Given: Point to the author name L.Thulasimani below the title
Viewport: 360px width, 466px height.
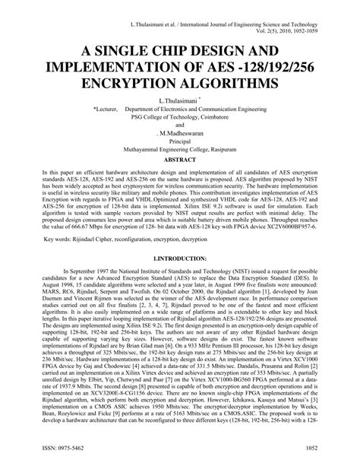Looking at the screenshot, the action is (x=179, y=100).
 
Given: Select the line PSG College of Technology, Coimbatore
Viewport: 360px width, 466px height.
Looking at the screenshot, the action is (x=180, y=116).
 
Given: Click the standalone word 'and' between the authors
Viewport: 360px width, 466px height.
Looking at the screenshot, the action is (x=180, y=125).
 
